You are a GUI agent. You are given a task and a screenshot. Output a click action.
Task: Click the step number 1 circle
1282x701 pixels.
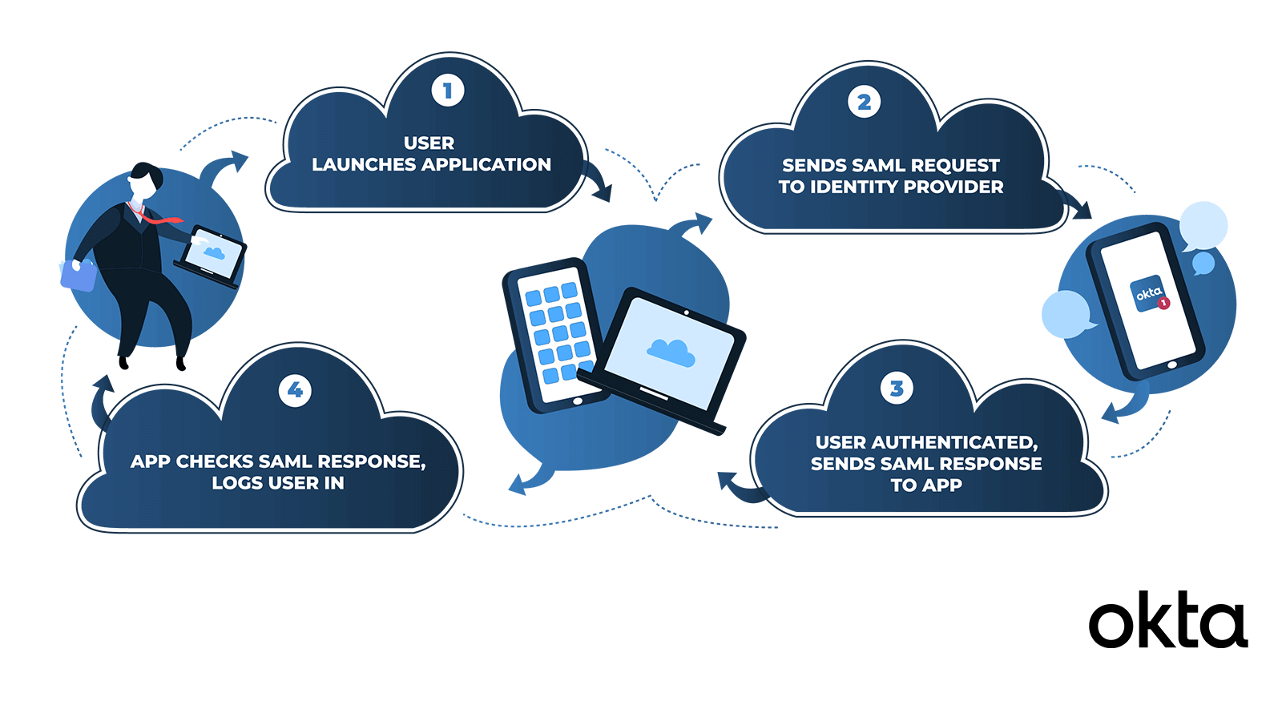pyautogui.click(x=447, y=91)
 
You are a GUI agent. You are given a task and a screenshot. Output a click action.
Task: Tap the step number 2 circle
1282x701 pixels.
pyautogui.click(x=864, y=103)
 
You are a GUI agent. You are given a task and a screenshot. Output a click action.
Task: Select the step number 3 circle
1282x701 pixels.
pyautogui.click(x=897, y=389)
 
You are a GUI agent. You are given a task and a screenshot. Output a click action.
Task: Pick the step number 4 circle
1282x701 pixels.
pyautogui.click(x=295, y=390)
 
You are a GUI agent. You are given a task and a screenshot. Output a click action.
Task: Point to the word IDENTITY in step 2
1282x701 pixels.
pyautogui.click(x=853, y=187)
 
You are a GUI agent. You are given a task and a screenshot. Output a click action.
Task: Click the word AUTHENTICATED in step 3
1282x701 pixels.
pyautogui.click(x=953, y=442)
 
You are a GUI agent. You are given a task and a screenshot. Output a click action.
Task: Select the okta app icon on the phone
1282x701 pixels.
pyautogui.click(x=1148, y=294)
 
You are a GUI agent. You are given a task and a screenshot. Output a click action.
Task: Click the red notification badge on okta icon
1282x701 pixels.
pyautogui.click(x=1164, y=304)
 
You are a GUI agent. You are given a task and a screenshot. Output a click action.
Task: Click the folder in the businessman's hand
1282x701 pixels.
pyautogui.click(x=78, y=275)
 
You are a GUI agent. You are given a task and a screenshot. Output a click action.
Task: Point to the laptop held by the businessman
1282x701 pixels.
pyautogui.click(x=212, y=255)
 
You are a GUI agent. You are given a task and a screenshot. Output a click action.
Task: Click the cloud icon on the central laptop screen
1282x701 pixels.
pyautogui.click(x=671, y=352)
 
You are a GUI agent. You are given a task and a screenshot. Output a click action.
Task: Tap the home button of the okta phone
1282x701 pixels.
pyautogui.click(x=1172, y=365)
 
